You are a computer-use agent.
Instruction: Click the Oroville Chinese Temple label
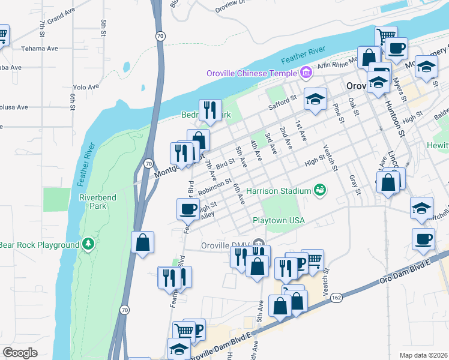(x=252, y=73)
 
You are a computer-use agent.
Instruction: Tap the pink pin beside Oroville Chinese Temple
(x=306, y=73)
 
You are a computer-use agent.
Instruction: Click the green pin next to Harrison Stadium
(x=320, y=190)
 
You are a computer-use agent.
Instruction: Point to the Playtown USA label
(x=278, y=220)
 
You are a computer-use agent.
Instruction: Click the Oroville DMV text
(x=223, y=246)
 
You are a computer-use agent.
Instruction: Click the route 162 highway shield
(x=336, y=297)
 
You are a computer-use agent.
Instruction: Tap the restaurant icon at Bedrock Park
(x=209, y=109)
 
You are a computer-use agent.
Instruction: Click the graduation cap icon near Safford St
(x=315, y=99)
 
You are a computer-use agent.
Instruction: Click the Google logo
(x=20, y=353)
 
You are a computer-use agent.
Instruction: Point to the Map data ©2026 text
(x=423, y=355)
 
